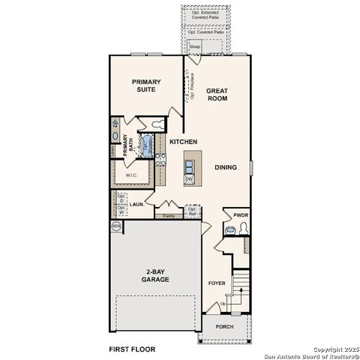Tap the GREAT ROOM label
(217, 94)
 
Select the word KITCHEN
(183, 142)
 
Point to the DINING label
(226, 168)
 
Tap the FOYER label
(217, 283)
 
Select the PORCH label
(224, 327)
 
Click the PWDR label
(240, 215)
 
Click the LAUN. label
(136, 203)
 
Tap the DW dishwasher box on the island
(190, 179)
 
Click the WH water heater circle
(116, 225)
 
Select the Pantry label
(169, 216)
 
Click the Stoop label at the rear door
(194, 46)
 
